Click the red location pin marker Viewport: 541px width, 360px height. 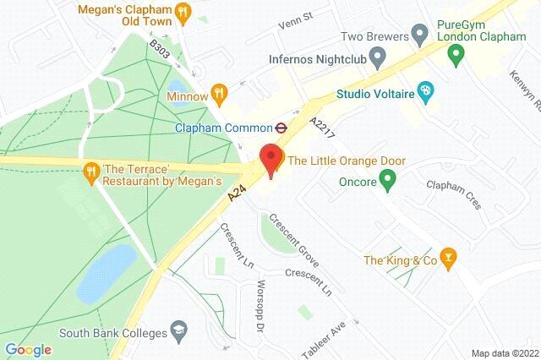270,159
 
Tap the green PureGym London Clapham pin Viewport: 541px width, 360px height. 456,57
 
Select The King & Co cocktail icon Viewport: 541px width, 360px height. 450,259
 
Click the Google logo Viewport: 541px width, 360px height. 28,350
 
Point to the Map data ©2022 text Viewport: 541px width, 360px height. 504,353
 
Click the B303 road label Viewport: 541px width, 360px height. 160,48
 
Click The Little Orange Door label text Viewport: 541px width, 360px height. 347,161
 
